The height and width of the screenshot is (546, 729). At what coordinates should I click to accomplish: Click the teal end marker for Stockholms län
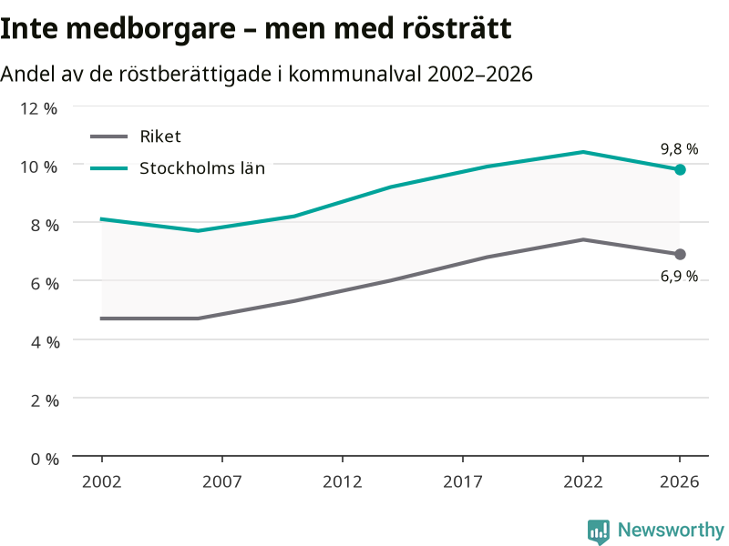pyautogui.click(x=680, y=170)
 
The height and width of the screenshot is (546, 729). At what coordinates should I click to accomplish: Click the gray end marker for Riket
pyautogui.click(x=680, y=255)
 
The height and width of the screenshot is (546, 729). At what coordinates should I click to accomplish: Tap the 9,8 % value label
pyautogui.click(x=679, y=149)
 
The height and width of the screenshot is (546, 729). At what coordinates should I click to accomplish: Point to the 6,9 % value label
pyautogui.click(x=679, y=277)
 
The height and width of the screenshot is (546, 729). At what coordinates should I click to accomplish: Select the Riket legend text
pyautogui.click(x=160, y=136)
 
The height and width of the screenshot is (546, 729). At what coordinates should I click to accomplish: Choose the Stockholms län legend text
pyautogui.click(x=202, y=168)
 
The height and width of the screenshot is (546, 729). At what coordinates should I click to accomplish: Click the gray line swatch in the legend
pyautogui.click(x=108, y=136)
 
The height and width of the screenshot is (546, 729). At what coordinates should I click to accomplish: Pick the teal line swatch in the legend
pyautogui.click(x=108, y=168)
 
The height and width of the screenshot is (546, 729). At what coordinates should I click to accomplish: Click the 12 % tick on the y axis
pyautogui.click(x=38, y=108)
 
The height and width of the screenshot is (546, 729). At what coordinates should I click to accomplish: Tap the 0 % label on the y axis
pyautogui.click(x=45, y=460)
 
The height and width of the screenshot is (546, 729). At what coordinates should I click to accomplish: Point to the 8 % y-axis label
pyautogui.click(x=45, y=225)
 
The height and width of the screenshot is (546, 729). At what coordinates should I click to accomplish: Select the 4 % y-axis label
pyautogui.click(x=45, y=342)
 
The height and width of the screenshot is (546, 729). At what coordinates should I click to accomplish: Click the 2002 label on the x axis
pyautogui.click(x=102, y=481)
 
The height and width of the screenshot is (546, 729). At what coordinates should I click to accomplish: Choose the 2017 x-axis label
pyautogui.click(x=463, y=481)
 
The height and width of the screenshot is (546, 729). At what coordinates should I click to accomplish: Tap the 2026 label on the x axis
pyautogui.click(x=679, y=481)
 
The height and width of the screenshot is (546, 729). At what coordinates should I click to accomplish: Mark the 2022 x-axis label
pyautogui.click(x=583, y=481)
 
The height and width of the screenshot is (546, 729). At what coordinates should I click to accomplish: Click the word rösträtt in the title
pyautogui.click(x=457, y=28)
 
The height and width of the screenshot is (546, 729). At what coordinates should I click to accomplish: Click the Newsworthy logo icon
pyautogui.click(x=599, y=531)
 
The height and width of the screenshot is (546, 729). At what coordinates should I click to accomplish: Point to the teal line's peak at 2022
pyautogui.click(x=583, y=152)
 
